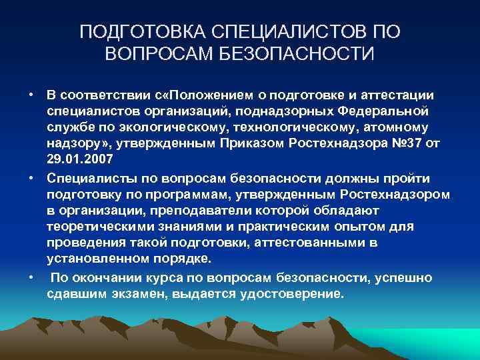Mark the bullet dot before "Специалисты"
tap(31, 178)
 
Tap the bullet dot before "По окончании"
tap(31, 277)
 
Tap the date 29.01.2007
tap(81, 161)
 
